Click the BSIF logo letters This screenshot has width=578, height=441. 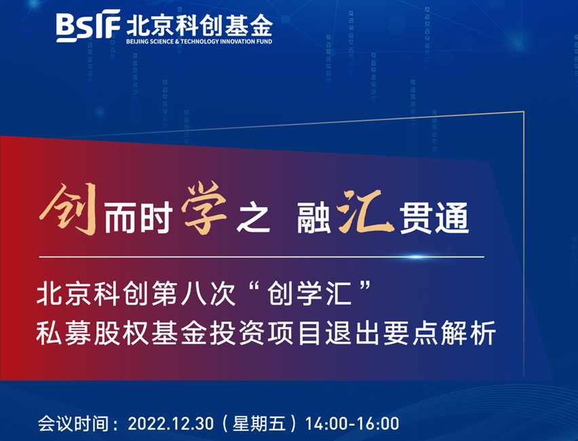tap(88, 26)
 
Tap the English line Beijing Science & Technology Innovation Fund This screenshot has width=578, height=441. tap(199, 41)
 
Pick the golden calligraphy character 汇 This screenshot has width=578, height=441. tap(364, 212)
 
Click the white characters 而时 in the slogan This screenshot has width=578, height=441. tap(138, 218)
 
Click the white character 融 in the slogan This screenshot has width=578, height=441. tap(314, 218)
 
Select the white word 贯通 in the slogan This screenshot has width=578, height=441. tap(434, 218)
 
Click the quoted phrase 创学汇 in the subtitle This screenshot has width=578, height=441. tap(309, 294)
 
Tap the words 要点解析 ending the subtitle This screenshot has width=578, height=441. tap(439, 333)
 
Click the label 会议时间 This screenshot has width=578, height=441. tap(73, 423)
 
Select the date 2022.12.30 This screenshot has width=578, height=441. tap(171, 423)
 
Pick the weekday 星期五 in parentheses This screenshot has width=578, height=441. tap(259, 423)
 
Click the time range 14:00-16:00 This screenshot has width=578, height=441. tap(352, 423)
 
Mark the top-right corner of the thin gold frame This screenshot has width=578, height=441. tap(524, 111)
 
